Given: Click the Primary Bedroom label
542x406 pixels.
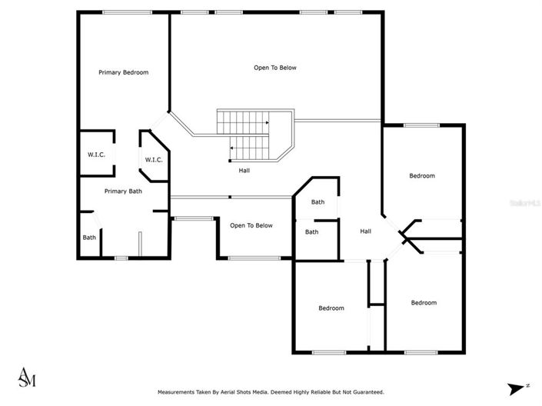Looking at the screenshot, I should [123, 72].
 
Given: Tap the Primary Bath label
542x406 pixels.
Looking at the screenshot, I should [123, 191].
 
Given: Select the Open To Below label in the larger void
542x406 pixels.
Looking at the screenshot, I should [274, 68].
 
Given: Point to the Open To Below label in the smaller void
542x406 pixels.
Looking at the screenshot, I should [251, 225].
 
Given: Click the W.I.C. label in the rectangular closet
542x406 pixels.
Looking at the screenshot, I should [96, 155].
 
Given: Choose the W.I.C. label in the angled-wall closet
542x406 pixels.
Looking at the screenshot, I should [153, 160].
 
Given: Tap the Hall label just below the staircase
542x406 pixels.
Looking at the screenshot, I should [244, 171].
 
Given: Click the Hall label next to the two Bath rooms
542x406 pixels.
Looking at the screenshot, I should [367, 231].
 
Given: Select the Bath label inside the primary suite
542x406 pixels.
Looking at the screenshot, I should [90, 237].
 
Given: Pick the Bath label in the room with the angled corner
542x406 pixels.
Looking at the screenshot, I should [318, 202].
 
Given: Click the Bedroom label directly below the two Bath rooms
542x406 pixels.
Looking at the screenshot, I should [331, 308].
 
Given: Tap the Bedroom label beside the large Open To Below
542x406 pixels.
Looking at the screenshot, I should [421, 176].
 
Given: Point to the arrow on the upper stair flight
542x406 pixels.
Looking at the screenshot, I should [266, 122].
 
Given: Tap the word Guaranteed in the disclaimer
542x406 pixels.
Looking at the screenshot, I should [364, 392].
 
